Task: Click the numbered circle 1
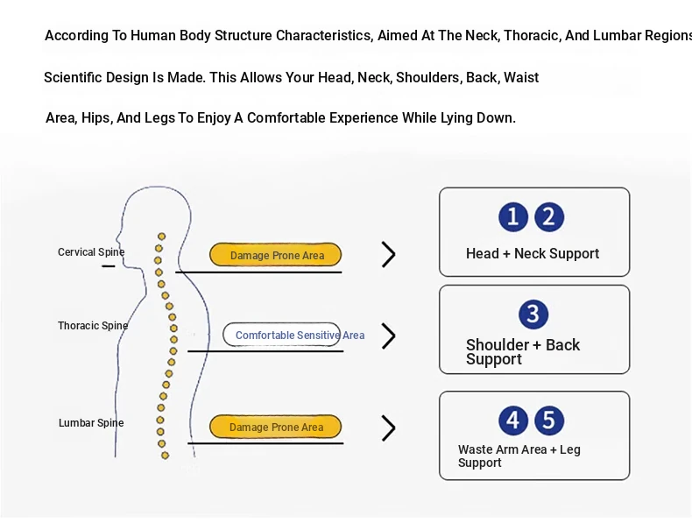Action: click(x=513, y=217)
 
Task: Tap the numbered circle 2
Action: click(x=549, y=217)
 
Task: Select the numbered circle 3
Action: click(x=533, y=314)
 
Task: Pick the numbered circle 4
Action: click(x=513, y=420)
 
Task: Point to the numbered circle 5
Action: click(x=549, y=420)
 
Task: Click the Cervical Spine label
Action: click(x=91, y=252)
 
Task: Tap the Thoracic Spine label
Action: click(x=93, y=326)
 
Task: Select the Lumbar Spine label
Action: click(x=91, y=423)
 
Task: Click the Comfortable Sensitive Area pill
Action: click(x=281, y=335)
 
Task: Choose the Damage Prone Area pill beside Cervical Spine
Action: click(x=275, y=255)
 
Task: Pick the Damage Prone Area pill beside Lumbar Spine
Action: click(x=275, y=427)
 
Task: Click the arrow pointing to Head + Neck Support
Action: click(x=388, y=254)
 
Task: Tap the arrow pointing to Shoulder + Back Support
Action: click(x=388, y=336)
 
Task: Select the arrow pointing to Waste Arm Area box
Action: click(x=388, y=428)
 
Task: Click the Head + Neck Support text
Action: click(x=533, y=254)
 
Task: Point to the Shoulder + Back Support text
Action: click(x=523, y=351)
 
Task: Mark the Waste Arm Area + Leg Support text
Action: click(x=519, y=456)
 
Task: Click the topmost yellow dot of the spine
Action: click(x=161, y=237)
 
